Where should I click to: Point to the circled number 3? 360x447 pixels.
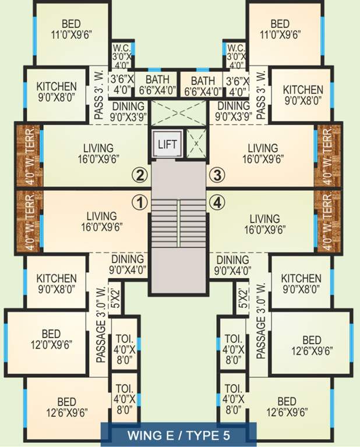coord(217,174)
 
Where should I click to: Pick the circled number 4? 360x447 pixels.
coord(217,202)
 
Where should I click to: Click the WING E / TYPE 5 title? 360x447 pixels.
coord(179,434)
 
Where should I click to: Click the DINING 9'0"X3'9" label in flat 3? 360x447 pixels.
coord(233,111)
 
